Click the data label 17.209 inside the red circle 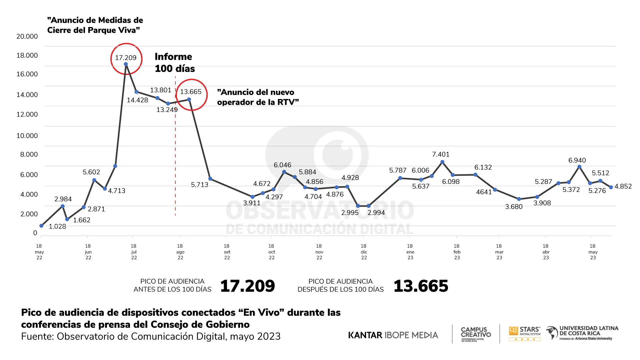click(x=126, y=58)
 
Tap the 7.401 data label click(x=441, y=154)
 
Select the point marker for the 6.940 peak click(x=579, y=167)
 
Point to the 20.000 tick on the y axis click(x=27, y=36)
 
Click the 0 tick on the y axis click(x=35, y=233)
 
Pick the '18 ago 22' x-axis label click(x=180, y=252)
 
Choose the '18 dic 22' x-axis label click(x=364, y=252)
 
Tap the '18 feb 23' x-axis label click(x=457, y=252)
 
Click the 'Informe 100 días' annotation click(x=174, y=62)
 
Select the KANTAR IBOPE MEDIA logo click(x=393, y=335)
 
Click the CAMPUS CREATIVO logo click(x=476, y=334)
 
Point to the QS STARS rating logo click(x=525, y=333)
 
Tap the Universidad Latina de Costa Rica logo click(x=582, y=333)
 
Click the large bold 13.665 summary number click(x=421, y=286)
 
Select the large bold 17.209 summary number click(x=247, y=286)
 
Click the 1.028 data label click(x=57, y=227)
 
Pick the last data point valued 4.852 click(x=611, y=187)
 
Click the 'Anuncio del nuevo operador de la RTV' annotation click(x=258, y=97)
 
